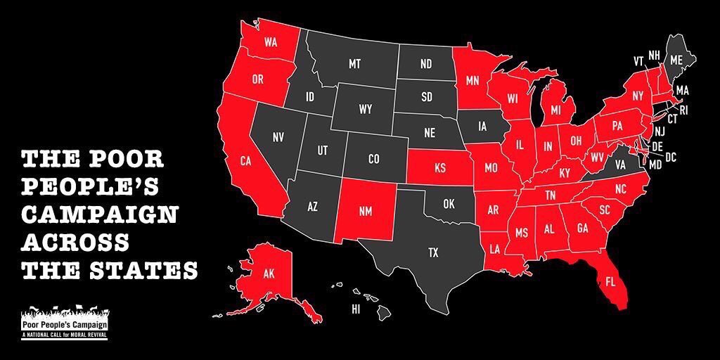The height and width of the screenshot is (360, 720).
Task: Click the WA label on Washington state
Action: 270,42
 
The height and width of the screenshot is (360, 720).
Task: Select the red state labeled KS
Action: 440,169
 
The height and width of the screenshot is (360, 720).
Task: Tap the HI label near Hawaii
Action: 356,309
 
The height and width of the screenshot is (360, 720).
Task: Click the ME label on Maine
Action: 676,60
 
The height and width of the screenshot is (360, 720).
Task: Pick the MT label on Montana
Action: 354,64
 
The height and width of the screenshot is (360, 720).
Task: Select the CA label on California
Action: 245,161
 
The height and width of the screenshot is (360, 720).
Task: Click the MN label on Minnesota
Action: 472,81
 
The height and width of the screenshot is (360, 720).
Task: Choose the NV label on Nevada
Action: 278,138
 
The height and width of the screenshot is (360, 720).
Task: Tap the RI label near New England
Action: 683,110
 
